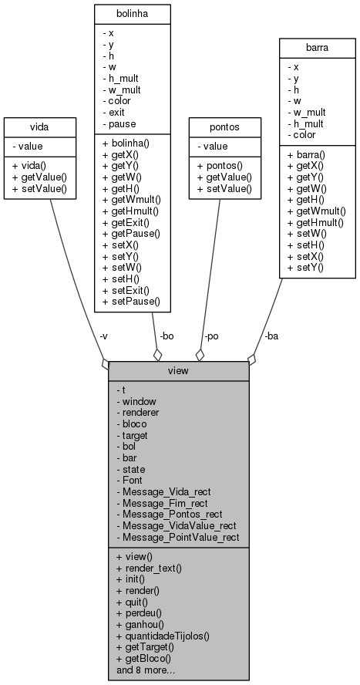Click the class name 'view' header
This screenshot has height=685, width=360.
point(178,369)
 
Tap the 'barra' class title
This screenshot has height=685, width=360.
point(316,47)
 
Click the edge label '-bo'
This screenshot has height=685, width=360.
point(166,336)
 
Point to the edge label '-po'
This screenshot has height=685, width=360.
point(211,336)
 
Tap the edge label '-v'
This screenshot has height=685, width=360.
point(103,336)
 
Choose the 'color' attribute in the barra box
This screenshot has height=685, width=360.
point(305,136)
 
